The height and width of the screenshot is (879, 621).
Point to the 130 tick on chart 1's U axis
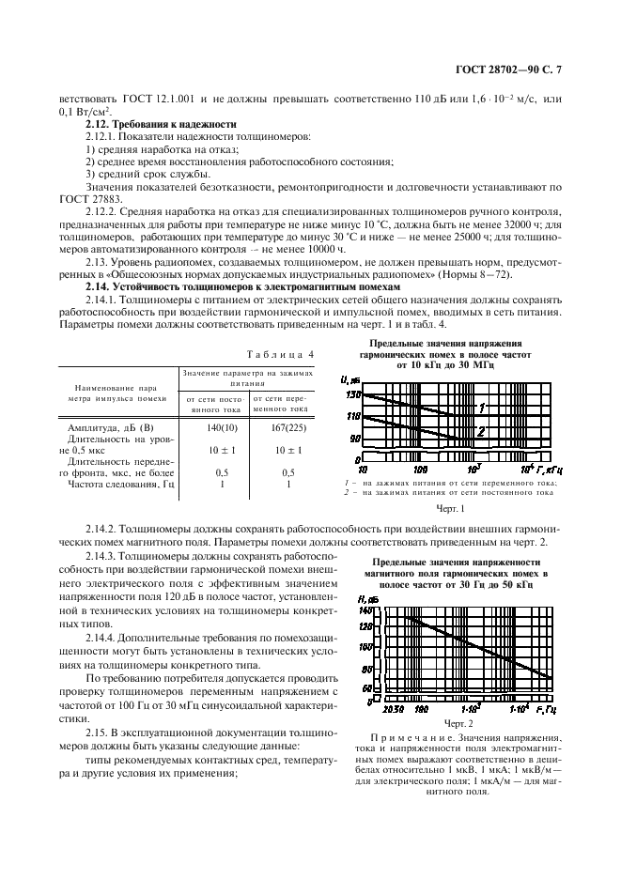tap(353, 394)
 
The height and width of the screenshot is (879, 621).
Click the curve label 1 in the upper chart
tap(481, 408)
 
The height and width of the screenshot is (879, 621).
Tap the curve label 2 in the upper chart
tap(480, 431)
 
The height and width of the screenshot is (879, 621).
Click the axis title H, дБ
tap(367, 598)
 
